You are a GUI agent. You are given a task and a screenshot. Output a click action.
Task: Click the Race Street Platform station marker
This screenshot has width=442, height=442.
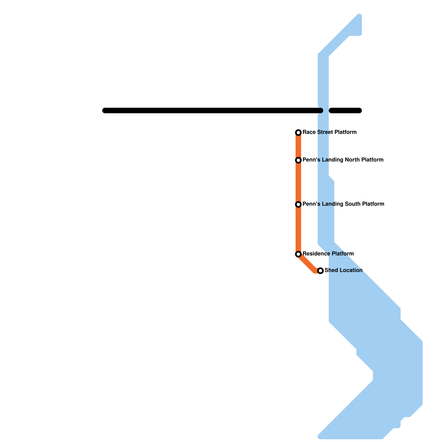(298, 133)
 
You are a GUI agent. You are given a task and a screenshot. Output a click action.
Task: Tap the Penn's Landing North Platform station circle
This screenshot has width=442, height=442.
(298, 160)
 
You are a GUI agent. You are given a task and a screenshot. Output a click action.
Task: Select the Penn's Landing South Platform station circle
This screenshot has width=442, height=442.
(298, 204)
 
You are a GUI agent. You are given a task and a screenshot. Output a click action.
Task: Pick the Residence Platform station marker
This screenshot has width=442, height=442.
(298, 254)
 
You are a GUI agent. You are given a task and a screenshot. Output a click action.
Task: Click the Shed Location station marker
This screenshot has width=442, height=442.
(320, 271)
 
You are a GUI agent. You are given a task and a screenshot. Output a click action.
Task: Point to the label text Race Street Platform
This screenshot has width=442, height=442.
(330, 132)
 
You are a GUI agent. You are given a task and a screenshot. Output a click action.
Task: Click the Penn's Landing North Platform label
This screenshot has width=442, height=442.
(343, 160)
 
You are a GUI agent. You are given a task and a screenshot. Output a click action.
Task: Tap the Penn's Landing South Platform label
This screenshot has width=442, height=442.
(343, 204)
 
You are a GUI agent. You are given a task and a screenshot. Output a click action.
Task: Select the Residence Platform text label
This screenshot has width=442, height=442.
(328, 254)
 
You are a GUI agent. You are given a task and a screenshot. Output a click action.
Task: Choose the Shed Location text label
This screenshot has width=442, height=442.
(343, 270)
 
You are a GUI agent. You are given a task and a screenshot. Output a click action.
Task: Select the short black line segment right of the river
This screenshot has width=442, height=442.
(345, 110)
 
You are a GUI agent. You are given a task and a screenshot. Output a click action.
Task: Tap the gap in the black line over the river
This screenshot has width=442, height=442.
(326, 110)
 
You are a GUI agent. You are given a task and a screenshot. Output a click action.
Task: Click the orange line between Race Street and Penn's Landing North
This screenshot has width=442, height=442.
(298, 146)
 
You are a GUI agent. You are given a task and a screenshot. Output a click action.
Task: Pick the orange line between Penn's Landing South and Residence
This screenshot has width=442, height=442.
(298, 229)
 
